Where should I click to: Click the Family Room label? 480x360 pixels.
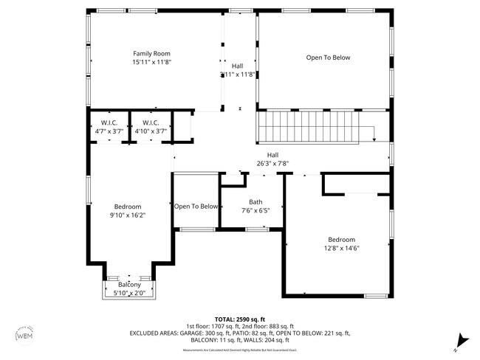[x=151, y=53]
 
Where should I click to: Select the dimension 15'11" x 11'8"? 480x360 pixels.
[x=151, y=63]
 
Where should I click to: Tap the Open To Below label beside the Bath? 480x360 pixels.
[x=196, y=207]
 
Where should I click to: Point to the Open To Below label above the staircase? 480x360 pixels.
[x=328, y=58]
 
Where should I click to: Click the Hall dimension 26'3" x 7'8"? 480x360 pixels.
[x=272, y=163]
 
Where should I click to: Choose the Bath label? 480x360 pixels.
[x=256, y=201]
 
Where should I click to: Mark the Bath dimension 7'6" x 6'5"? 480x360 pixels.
[x=256, y=210]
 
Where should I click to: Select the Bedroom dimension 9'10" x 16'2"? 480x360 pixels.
[x=128, y=215]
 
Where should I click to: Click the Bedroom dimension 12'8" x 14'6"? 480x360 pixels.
[x=342, y=249]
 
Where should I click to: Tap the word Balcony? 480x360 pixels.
[x=128, y=285]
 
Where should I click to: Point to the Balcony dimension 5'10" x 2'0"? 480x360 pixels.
[x=128, y=293]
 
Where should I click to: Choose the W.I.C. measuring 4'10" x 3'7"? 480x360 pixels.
[x=151, y=127]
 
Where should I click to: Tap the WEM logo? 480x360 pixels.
[x=24, y=336]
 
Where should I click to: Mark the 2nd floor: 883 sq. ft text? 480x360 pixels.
[x=269, y=325]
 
